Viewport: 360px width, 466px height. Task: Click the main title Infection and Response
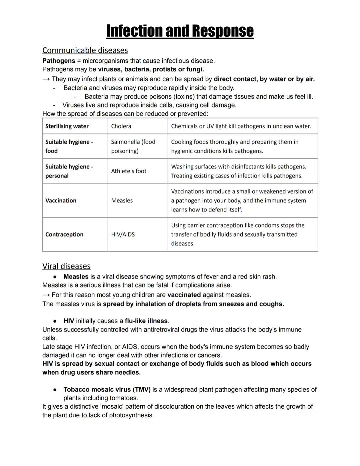click(180, 31)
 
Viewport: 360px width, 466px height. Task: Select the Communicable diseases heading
click(85, 50)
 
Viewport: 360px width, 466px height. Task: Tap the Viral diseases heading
click(66, 266)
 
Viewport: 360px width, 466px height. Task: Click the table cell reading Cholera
click(121, 126)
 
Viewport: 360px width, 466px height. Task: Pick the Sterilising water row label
click(67, 126)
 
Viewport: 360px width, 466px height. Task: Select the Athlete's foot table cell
click(129, 171)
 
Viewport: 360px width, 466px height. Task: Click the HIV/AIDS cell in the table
click(123, 235)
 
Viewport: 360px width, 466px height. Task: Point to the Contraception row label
click(64, 235)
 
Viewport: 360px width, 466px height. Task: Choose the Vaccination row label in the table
click(61, 200)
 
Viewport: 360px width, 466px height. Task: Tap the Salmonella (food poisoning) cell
click(133, 146)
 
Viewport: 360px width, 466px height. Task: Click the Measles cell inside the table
click(122, 200)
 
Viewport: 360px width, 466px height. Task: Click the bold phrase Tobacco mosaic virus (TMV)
click(107, 390)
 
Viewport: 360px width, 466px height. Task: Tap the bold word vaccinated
click(184, 295)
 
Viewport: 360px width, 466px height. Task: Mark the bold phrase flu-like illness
click(146, 321)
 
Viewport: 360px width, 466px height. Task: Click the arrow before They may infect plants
click(46, 79)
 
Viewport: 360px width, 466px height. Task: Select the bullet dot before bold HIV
click(55, 321)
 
